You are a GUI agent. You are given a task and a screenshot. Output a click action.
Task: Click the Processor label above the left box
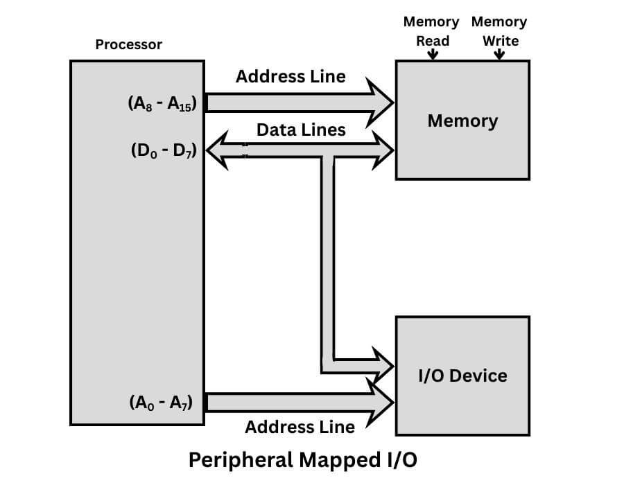coord(128,45)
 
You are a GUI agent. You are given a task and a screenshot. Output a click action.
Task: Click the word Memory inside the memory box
coord(462,121)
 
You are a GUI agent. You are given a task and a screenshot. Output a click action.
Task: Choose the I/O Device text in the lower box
coord(462,376)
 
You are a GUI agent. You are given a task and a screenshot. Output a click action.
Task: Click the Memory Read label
coord(431,31)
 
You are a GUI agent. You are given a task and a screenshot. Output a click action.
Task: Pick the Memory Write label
coord(499,31)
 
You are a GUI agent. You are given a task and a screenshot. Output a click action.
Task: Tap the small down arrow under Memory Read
coord(433,55)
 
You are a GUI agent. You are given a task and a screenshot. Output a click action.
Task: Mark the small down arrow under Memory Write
coord(499,55)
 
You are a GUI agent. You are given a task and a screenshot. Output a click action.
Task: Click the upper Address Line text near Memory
coord(291,76)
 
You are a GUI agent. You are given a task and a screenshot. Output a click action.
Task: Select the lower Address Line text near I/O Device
coord(300,427)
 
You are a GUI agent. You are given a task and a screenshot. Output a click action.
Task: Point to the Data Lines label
coord(301,130)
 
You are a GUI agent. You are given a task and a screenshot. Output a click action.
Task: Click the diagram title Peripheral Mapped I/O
coord(304,460)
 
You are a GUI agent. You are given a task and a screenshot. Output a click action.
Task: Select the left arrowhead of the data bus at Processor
coord(220,150)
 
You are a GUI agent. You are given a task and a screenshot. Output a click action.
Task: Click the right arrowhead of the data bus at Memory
coord(382,150)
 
